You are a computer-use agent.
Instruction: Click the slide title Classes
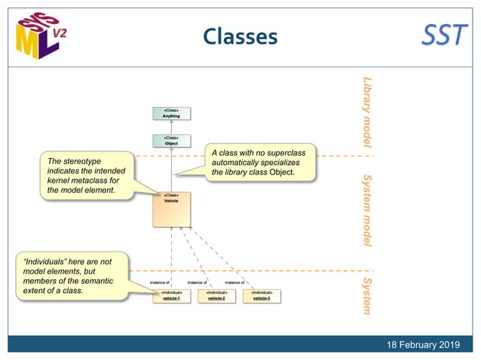pos(240,36)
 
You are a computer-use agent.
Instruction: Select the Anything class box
pos(171,113)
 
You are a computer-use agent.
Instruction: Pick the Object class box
pos(171,140)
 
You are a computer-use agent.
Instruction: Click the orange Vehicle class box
pos(171,209)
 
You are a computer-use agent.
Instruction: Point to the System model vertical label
pos(367,210)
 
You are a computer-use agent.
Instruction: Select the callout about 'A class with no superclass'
pos(259,163)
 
